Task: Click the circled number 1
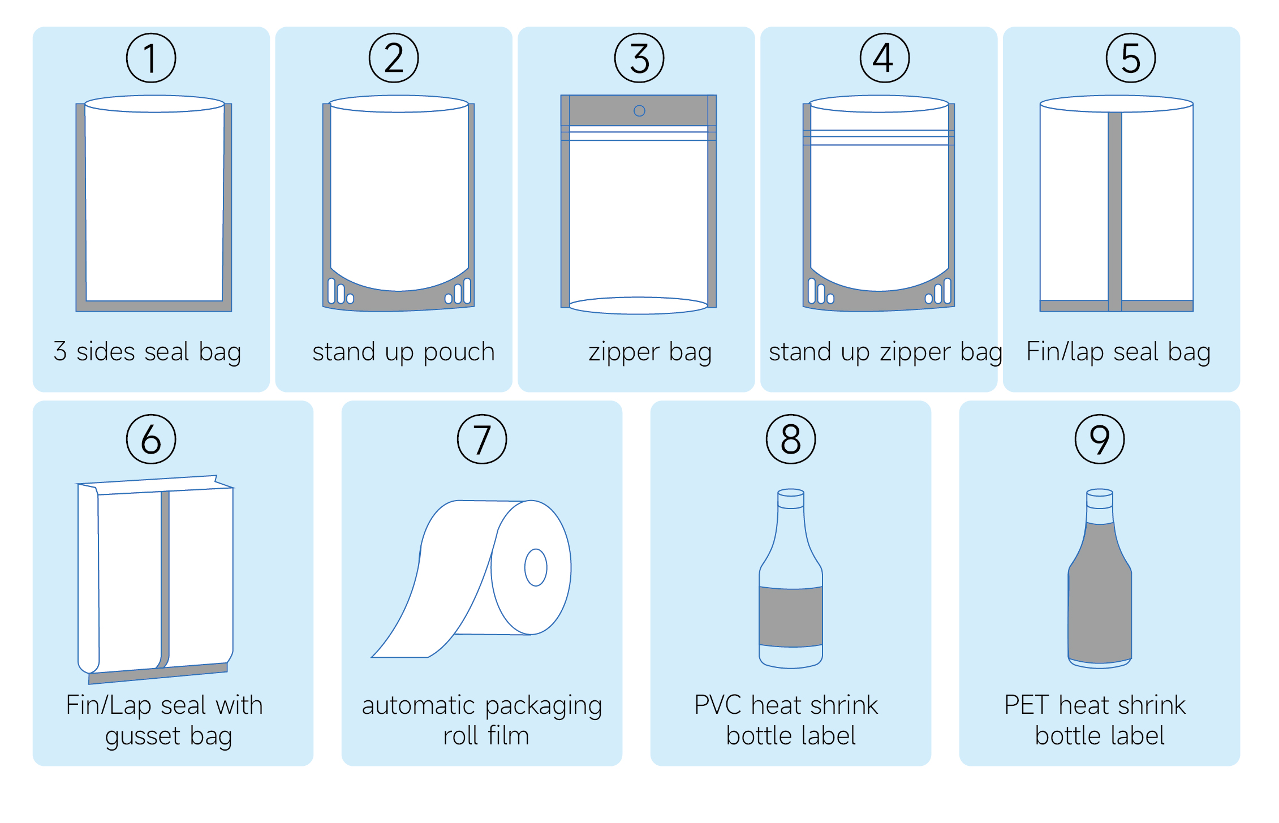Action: click(151, 58)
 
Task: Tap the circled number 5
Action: click(1131, 58)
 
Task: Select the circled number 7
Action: click(482, 439)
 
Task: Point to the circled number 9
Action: click(1100, 439)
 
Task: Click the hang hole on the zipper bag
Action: click(639, 111)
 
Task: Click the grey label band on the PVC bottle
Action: click(791, 617)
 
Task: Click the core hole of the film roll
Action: click(536, 567)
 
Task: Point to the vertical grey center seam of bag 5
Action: click(1115, 212)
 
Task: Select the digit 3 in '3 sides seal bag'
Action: click(60, 351)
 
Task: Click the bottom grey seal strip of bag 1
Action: click(154, 306)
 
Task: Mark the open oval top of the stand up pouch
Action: click(399, 104)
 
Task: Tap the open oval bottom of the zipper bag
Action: click(639, 305)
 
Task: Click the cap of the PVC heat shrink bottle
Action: click(791, 499)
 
